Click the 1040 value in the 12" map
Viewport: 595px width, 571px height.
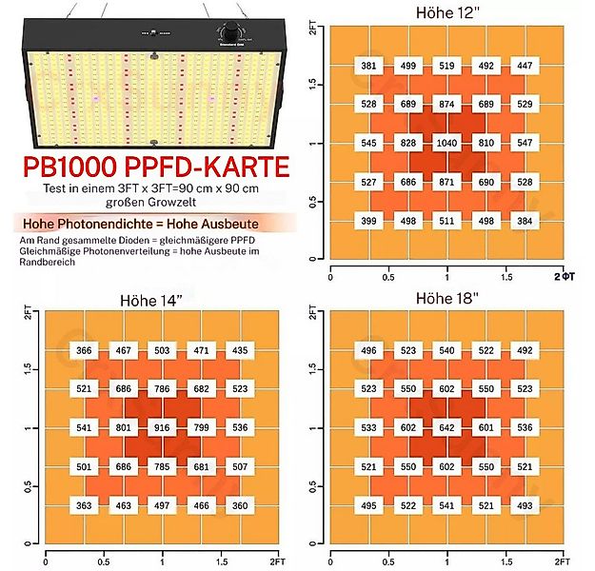tap(446, 142)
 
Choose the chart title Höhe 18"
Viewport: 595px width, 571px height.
tap(446, 299)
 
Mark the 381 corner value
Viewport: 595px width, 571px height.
tap(368, 66)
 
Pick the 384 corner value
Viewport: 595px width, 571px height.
tap(524, 221)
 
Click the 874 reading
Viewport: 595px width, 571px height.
tap(446, 103)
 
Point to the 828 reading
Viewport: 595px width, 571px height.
tap(407, 142)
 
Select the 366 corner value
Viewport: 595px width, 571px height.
tap(84, 351)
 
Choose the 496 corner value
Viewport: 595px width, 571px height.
tap(368, 349)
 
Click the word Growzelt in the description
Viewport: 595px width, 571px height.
tap(183, 201)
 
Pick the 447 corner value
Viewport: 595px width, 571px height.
tap(524, 66)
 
